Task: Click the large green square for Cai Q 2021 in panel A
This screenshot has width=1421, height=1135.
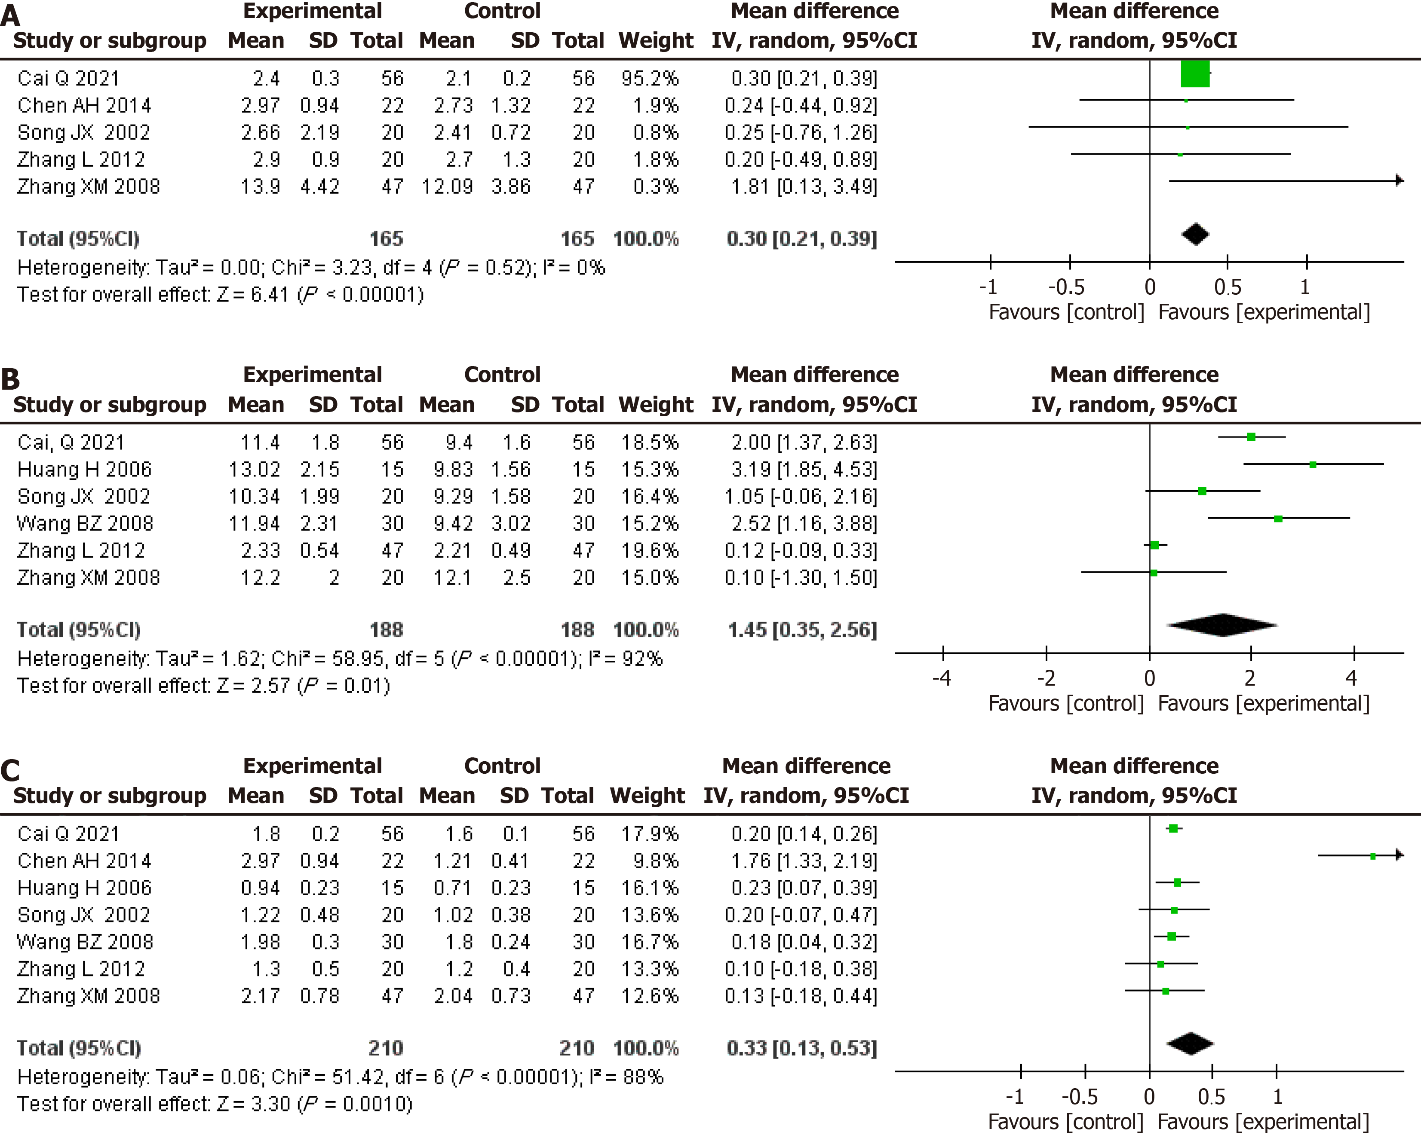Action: coord(1195,74)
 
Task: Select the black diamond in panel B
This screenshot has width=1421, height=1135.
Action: coord(1223,625)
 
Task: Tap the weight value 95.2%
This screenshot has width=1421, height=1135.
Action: coord(649,78)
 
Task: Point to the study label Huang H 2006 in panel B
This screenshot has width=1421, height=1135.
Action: coord(84,470)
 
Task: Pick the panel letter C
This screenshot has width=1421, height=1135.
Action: coord(11,771)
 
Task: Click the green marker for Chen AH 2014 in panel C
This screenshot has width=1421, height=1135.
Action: coord(1373,856)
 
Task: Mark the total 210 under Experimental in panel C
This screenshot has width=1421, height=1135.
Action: coord(386,1048)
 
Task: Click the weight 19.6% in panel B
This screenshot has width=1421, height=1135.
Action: coord(649,551)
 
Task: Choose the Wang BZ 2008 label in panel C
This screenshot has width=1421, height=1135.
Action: coord(85,942)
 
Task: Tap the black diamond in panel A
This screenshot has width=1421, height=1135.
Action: coord(1196,235)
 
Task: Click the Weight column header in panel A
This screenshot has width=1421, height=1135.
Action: coord(656,41)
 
